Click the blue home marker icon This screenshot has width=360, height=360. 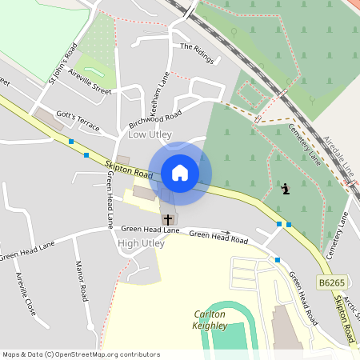(x=180, y=172)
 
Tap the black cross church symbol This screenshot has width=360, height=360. (x=168, y=218)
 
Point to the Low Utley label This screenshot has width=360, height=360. (x=150, y=134)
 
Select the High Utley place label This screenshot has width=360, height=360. (x=140, y=242)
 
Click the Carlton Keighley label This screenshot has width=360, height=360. (x=210, y=319)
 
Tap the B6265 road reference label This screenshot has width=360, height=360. (x=331, y=283)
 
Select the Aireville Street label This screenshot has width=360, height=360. (x=90, y=81)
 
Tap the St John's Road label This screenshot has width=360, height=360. (x=62, y=62)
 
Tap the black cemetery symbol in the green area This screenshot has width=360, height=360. (x=286, y=189)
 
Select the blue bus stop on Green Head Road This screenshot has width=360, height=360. (x=278, y=259)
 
